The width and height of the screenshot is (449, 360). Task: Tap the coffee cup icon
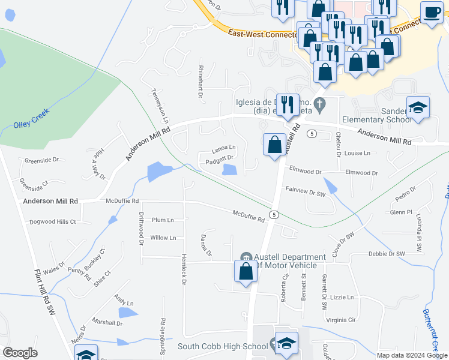click(x=431, y=12)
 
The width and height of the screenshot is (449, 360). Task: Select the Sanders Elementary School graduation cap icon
click(x=418, y=107)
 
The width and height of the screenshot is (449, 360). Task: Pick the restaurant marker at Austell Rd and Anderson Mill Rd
click(x=287, y=104)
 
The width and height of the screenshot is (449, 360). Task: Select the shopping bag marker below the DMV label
click(x=246, y=271)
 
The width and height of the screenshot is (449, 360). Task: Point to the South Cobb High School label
click(x=222, y=346)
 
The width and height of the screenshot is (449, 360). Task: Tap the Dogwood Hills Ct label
click(x=53, y=221)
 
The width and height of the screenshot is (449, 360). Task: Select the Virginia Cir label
click(x=341, y=320)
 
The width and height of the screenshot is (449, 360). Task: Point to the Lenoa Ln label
click(x=223, y=148)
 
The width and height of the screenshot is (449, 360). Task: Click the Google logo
click(x=20, y=352)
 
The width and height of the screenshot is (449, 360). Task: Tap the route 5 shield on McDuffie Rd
click(x=274, y=214)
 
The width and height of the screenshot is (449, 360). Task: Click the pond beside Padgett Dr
click(x=229, y=170)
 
